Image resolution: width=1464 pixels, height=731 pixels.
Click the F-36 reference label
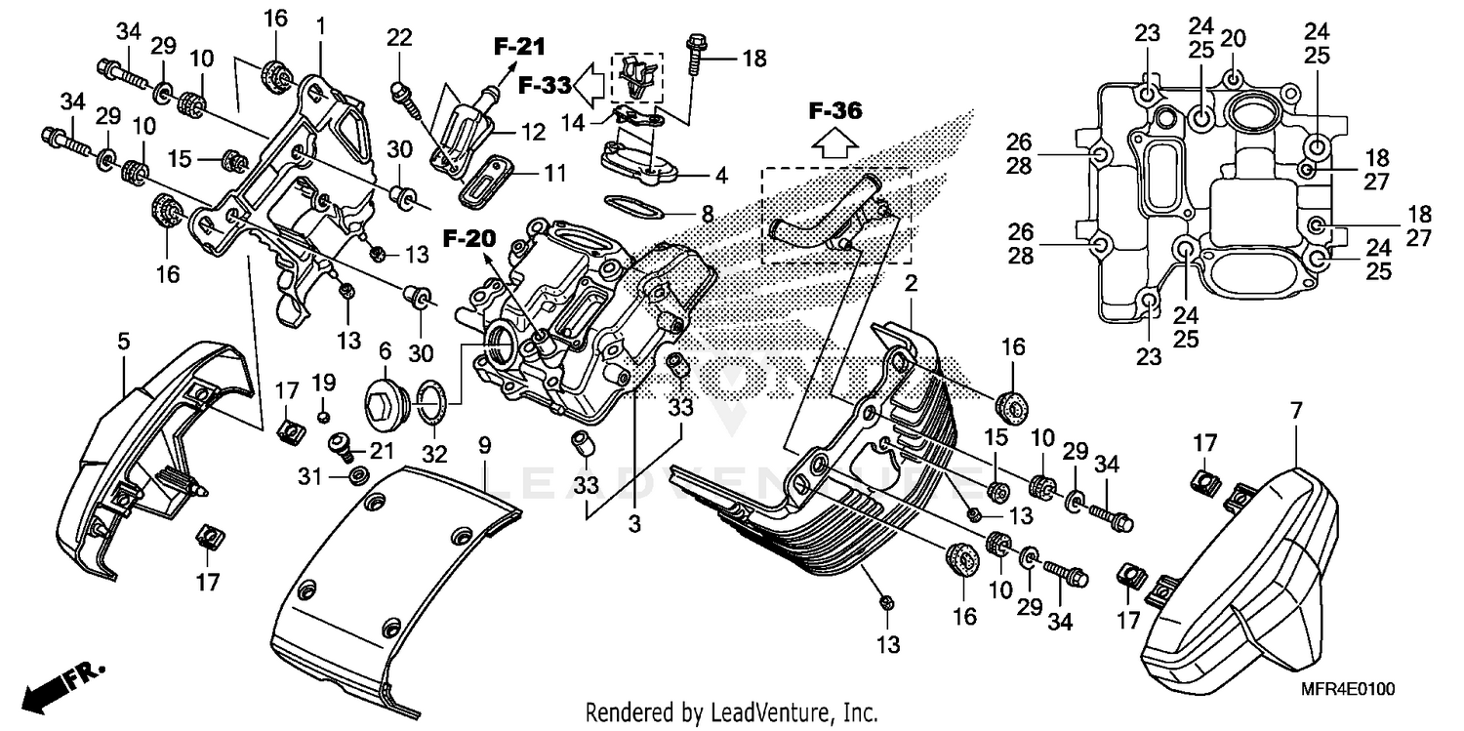(x=835, y=111)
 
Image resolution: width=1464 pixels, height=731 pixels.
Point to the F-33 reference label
(x=543, y=85)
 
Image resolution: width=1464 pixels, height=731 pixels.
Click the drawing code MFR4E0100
(x=1347, y=689)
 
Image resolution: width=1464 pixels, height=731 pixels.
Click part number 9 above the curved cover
(x=484, y=447)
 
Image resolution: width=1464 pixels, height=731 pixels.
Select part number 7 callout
(x=1295, y=411)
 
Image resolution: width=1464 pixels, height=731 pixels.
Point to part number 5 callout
(x=124, y=341)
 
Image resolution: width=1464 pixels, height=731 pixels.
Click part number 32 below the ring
(x=434, y=454)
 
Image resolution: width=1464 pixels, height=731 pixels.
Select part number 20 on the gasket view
(x=1234, y=39)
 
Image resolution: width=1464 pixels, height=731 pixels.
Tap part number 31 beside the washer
(x=309, y=475)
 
